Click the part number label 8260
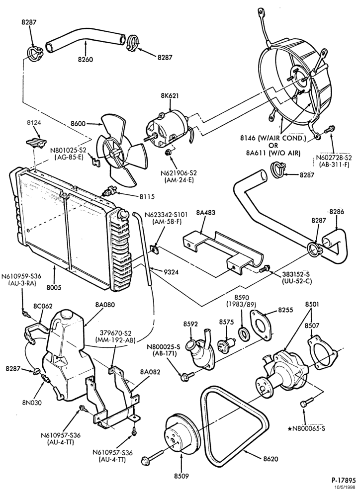[85, 59]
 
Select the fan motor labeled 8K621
[168, 127]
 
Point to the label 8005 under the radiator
[54, 288]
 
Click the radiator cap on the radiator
[121, 214]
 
